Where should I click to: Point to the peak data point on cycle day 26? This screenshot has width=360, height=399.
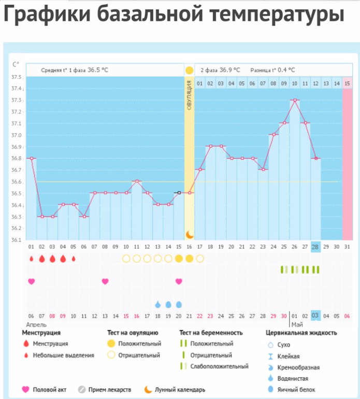click(294, 100)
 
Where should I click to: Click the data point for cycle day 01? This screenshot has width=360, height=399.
click(31, 159)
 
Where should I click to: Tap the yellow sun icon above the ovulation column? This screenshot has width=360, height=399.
click(189, 70)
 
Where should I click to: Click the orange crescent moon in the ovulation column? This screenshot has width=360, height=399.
click(190, 234)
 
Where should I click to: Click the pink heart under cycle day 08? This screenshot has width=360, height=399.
click(105, 281)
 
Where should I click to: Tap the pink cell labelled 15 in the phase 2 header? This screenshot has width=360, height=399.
click(347, 83)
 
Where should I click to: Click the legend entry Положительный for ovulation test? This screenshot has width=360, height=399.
click(139, 343)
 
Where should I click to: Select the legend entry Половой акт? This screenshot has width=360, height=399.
click(47, 390)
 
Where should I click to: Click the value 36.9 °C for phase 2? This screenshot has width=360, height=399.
click(229, 70)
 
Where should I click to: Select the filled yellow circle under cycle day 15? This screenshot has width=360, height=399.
click(179, 258)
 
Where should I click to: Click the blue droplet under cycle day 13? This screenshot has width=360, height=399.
click(157, 304)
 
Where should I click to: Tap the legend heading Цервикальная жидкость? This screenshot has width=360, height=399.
click(301, 333)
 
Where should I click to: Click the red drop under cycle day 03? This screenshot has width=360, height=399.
click(52, 258)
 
